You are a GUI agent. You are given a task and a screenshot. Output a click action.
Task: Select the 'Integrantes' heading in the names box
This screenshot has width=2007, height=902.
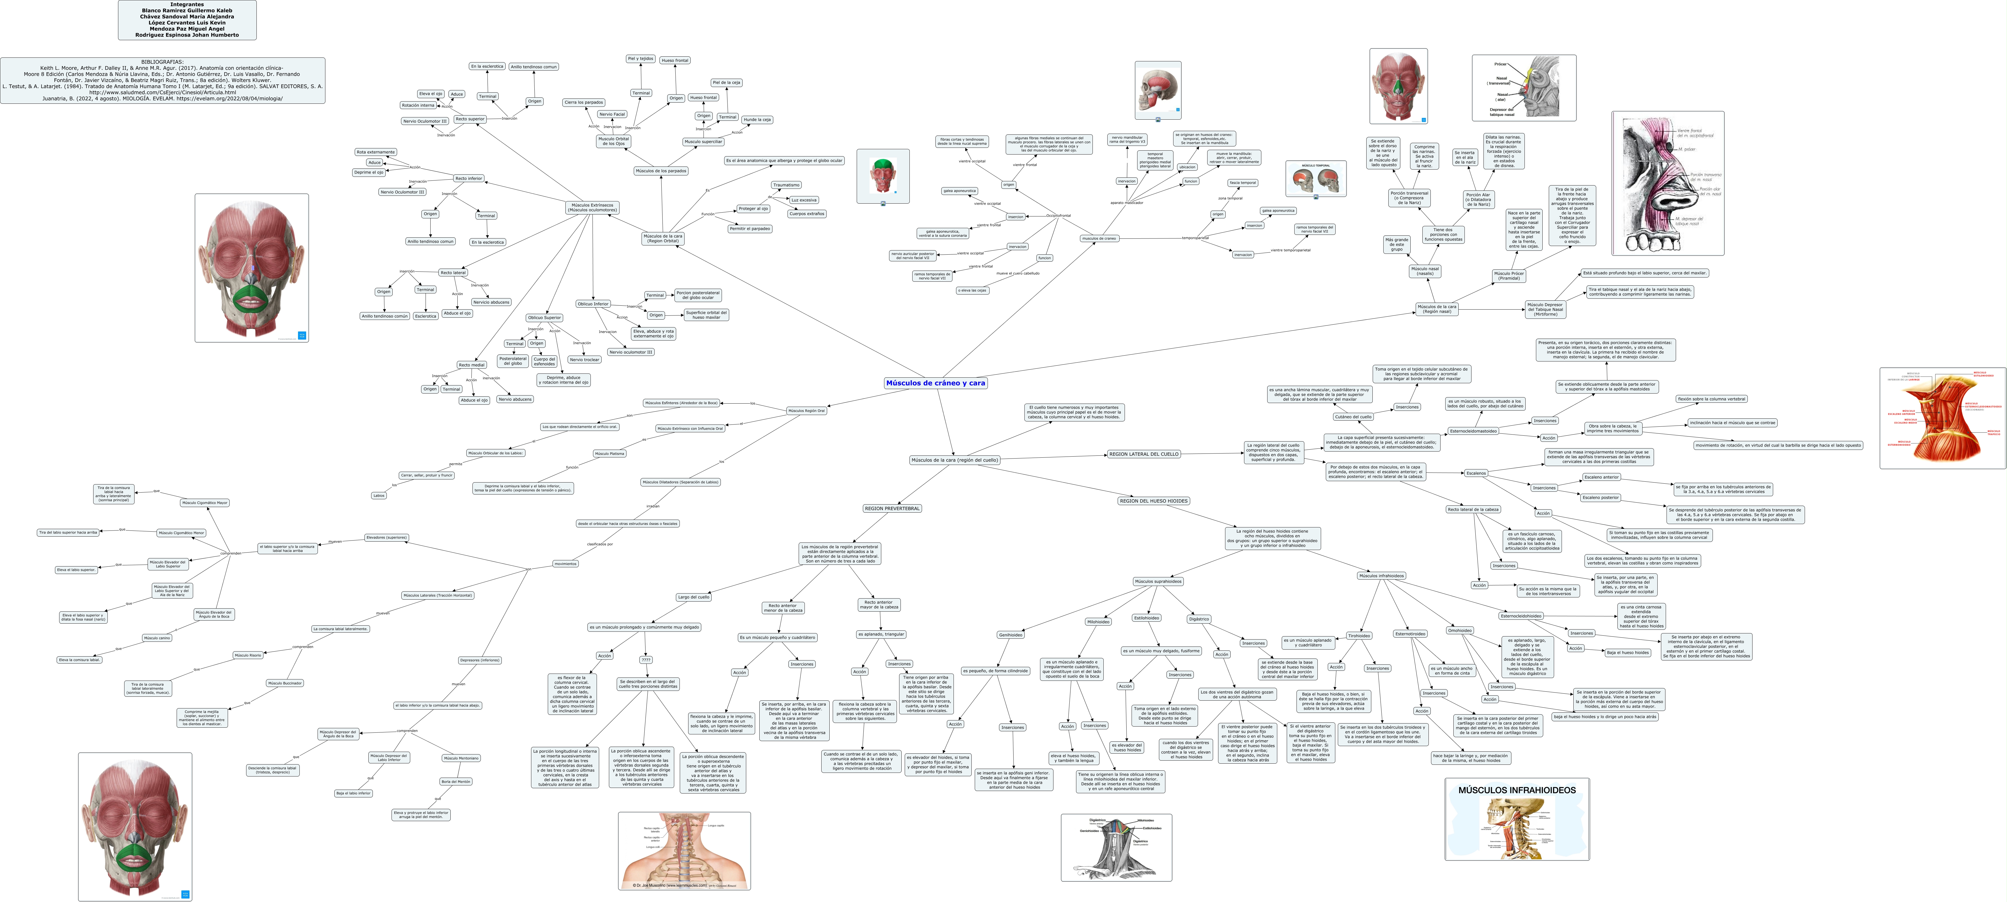tap(187, 5)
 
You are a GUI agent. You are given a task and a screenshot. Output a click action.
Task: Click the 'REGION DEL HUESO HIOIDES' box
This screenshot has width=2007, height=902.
tap(1153, 501)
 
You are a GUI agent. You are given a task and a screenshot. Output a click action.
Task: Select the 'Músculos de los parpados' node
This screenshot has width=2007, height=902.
tap(661, 171)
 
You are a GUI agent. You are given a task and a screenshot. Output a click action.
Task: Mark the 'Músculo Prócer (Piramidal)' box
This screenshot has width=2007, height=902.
tap(1508, 275)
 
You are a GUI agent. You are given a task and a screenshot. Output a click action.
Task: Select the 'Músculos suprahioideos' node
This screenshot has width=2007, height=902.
tap(1158, 581)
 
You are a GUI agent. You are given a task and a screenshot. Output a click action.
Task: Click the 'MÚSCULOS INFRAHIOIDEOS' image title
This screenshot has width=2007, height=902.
tap(1516, 790)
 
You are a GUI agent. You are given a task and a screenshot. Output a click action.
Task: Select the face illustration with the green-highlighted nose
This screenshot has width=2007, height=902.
tap(1399, 86)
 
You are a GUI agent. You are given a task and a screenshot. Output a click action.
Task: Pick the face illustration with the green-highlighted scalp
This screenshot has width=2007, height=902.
tap(883, 176)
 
